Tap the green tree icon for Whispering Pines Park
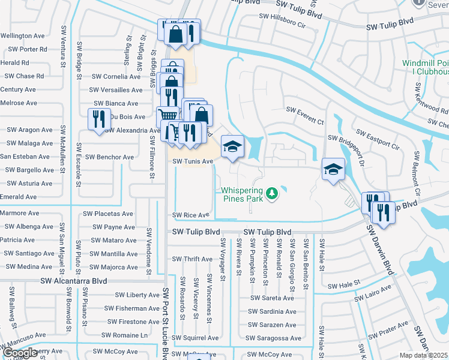(x=272, y=193)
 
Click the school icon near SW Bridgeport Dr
(x=334, y=169)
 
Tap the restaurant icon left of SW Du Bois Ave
(x=97, y=119)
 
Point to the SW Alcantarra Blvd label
(x=74, y=281)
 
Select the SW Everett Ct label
(x=304, y=110)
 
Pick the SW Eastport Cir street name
(x=377, y=139)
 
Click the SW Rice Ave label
(x=191, y=215)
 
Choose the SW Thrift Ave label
(x=192, y=259)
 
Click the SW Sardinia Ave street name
(x=272, y=311)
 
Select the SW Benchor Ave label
(x=109, y=157)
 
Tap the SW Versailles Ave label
(x=116, y=90)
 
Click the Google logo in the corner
(x=20, y=353)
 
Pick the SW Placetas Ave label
(x=108, y=214)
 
